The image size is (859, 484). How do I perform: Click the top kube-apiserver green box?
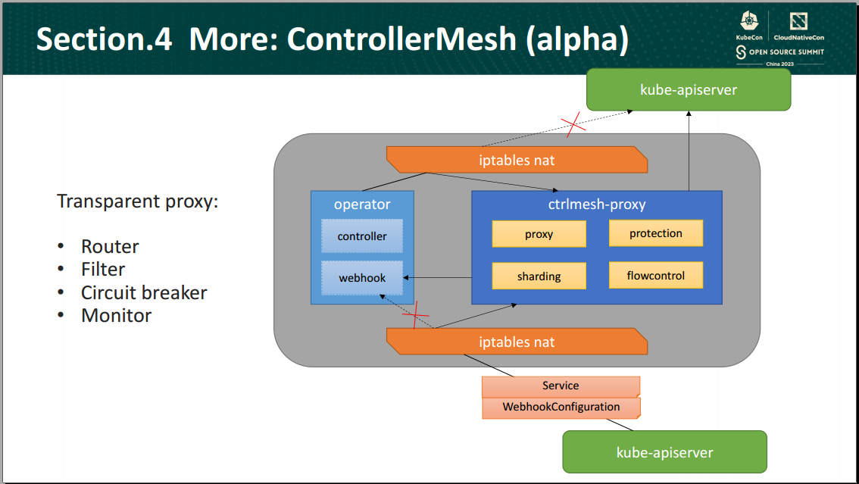click(689, 90)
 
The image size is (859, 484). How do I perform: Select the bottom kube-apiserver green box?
click(664, 452)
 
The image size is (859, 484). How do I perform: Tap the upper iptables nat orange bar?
click(517, 160)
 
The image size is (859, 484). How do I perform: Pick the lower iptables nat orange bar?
click(517, 342)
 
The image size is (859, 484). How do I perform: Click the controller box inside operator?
click(362, 236)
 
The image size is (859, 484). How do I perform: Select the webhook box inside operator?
click(362, 278)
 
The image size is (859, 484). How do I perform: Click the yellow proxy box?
click(539, 234)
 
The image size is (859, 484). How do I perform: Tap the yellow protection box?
click(655, 233)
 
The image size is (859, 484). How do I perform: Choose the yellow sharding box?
click(539, 276)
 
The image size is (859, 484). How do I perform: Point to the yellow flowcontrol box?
click(655, 276)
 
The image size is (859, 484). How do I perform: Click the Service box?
click(561, 386)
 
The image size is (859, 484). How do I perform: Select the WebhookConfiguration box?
click(561, 407)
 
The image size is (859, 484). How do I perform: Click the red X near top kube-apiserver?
click(573, 124)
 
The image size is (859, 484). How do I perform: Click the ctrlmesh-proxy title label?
click(597, 205)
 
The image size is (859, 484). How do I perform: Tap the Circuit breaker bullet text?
click(144, 292)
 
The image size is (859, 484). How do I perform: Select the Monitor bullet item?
click(116, 316)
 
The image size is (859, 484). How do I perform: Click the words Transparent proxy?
click(137, 202)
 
